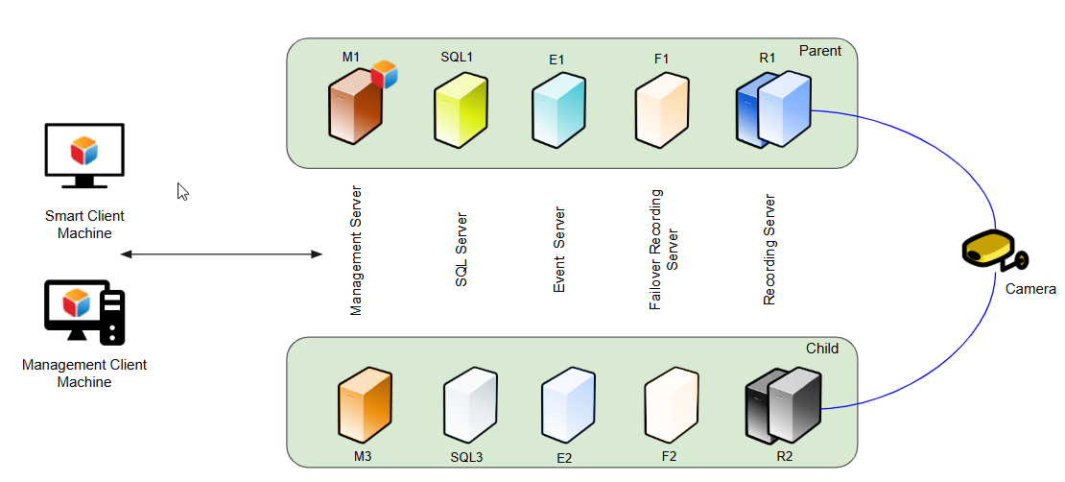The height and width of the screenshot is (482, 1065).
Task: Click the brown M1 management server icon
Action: click(x=355, y=111)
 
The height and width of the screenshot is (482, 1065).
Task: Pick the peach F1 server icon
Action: click(x=662, y=111)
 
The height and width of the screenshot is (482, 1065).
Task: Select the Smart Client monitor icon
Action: click(x=84, y=156)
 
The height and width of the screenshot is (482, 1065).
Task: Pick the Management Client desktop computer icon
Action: click(x=84, y=311)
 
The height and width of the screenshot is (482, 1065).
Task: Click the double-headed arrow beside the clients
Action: click(x=222, y=254)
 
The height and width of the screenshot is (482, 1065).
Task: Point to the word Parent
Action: click(x=819, y=51)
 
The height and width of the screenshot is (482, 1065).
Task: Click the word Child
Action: click(x=822, y=349)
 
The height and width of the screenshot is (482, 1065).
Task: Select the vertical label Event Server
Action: click(x=559, y=251)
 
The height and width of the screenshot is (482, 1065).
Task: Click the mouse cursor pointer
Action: click(x=183, y=191)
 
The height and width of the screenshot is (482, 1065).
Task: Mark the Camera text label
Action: click(x=1030, y=289)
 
